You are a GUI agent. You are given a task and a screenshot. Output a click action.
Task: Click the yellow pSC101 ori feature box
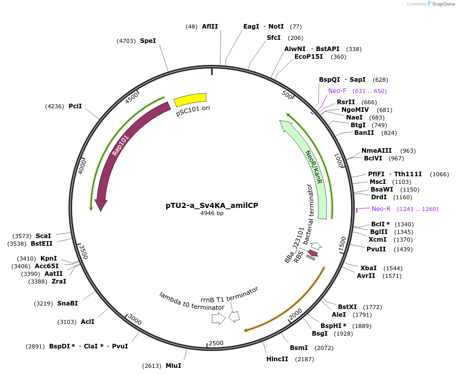pyautogui.click(x=190, y=100)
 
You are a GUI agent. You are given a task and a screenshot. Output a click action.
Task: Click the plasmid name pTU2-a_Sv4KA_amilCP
pyautogui.click(x=212, y=205)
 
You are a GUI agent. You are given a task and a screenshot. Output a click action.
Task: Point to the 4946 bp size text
pyautogui.click(x=212, y=214)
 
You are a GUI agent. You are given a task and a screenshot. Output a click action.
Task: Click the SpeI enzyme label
pyautogui.click(x=148, y=40)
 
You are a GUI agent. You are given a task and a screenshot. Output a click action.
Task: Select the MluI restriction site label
pyautogui.click(x=173, y=366)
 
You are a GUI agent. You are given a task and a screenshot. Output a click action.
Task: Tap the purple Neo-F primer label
pyautogui.click(x=337, y=91)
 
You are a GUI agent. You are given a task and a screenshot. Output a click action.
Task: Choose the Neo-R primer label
pyautogui.click(x=381, y=209)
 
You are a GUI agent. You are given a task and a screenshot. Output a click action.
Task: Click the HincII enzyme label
pyautogui.click(x=277, y=359)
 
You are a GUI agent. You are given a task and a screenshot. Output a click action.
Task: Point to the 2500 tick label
pyautogui.click(x=216, y=343)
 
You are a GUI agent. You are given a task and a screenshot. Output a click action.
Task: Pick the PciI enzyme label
pyautogui.click(x=75, y=106)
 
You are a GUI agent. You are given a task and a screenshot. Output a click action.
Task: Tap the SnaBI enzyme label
pyautogui.click(x=67, y=303)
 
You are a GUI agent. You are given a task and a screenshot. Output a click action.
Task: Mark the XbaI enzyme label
pyautogui.click(x=369, y=268)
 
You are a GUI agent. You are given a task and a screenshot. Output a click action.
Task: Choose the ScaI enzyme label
pyautogui.click(x=43, y=236)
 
